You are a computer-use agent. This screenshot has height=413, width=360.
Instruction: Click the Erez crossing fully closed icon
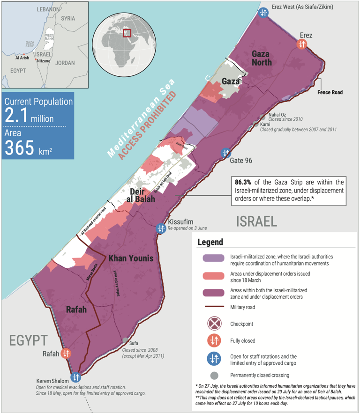tap(302, 44)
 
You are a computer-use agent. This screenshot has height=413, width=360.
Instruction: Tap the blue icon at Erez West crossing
tap(263, 13)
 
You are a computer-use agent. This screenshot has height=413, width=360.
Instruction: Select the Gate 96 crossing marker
tap(226, 153)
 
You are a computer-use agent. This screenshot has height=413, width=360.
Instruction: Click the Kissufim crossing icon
tap(161, 229)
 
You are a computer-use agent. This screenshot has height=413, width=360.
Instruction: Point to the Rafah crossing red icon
tap(66, 354)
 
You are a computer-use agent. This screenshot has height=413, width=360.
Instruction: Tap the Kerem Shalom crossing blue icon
tap(75, 377)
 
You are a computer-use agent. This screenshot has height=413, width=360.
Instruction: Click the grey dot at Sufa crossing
tap(125, 340)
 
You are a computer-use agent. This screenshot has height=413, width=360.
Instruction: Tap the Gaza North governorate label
tap(261, 57)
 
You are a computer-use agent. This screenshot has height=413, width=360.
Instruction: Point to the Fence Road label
tap(330, 92)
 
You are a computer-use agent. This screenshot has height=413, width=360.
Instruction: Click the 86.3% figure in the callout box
tap(243, 182)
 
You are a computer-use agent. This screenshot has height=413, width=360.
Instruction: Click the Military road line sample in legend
tap(213, 307)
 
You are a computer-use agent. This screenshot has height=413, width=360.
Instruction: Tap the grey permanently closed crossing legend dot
tap(213, 375)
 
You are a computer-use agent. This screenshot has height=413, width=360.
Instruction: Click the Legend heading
tap(210, 243)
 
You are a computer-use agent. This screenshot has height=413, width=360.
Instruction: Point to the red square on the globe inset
tap(127, 33)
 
